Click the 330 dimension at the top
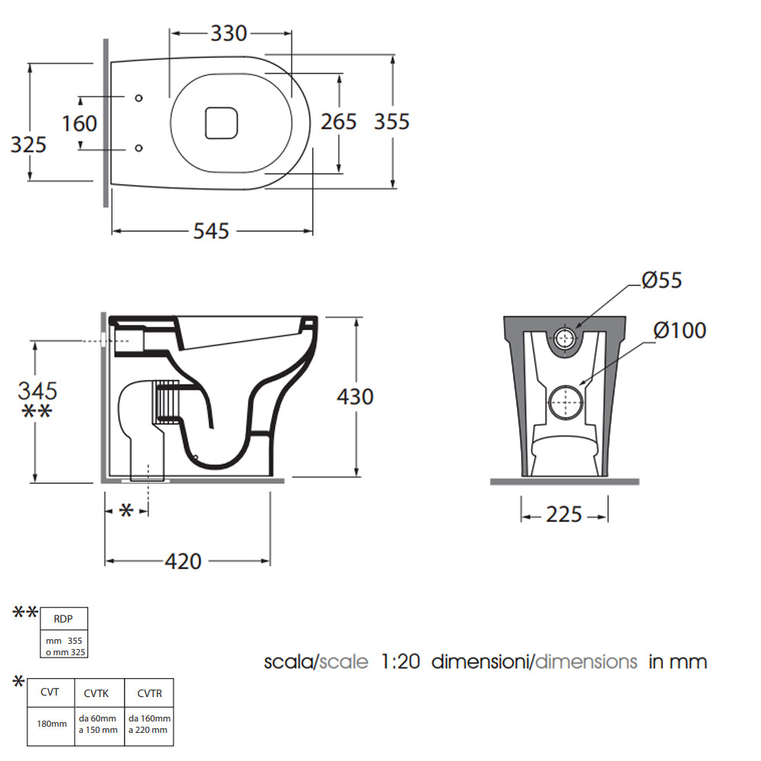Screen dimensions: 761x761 tap(228, 33)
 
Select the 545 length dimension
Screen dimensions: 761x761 tap(211, 231)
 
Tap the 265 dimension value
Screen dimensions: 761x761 tap(339, 121)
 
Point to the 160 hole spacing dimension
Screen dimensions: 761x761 tap(80, 123)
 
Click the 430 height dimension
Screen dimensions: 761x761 tap(355, 397)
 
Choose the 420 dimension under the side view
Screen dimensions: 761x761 tap(183, 562)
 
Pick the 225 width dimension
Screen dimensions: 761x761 tap(564, 514)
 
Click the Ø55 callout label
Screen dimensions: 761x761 tap(661, 280)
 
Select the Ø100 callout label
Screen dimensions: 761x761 tap(680, 330)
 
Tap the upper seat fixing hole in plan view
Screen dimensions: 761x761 tap(139, 98)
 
